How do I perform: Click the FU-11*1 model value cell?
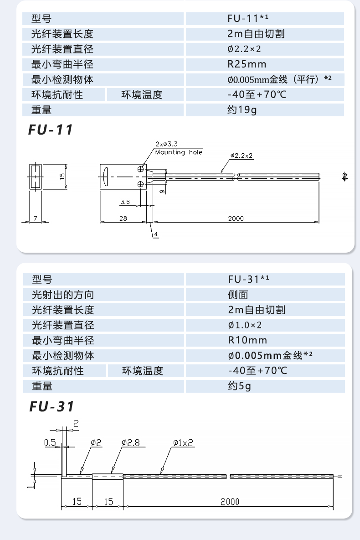[248, 19]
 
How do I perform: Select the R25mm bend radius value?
[247, 64]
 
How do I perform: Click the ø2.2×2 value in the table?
[244, 49]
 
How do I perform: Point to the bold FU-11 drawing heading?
[51, 130]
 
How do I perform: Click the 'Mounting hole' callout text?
[179, 152]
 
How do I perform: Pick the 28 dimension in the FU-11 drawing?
[123, 218]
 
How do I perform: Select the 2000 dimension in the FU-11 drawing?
[236, 218]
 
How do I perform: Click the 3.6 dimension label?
[125, 202]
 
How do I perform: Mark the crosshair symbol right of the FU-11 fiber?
[345, 176]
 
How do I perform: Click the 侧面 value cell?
[238, 295]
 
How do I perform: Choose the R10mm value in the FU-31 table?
[247, 340]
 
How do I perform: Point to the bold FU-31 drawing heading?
[51, 406]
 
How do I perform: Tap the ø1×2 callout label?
[183, 442]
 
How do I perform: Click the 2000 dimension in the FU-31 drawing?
[230, 502]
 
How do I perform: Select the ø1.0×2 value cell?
[245, 325]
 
